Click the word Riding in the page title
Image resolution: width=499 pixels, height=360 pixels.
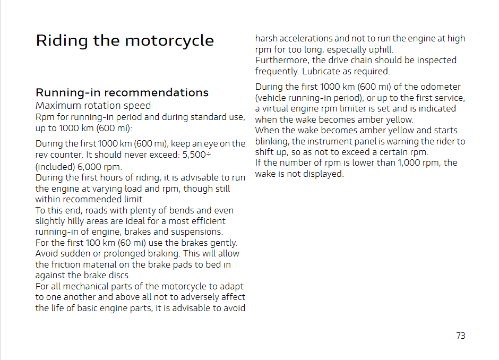tap(55, 41)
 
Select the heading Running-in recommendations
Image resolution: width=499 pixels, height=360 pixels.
tap(122, 92)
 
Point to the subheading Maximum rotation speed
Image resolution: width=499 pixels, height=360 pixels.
tap(93, 106)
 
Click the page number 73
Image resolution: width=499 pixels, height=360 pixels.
tap(460, 336)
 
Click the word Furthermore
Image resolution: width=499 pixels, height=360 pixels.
tap(281, 60)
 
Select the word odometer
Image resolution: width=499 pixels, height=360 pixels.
tap(438, 87)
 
